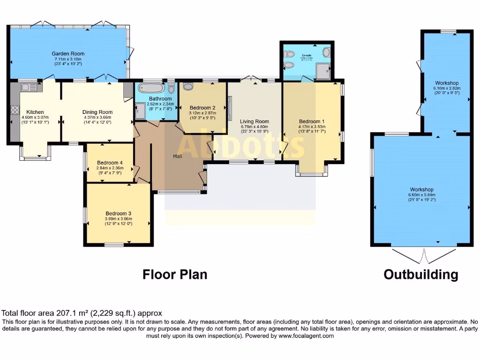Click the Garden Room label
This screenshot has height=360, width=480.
click(68, 53)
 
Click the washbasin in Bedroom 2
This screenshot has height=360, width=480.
click(188, 86)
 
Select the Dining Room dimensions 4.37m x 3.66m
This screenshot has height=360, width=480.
click(97, 117)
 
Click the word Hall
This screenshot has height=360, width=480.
click(178, 156)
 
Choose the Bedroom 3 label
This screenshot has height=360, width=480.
click(118, 213)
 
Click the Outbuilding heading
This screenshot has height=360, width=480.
click(420, 274)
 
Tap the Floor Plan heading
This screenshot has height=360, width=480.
click(175, 274)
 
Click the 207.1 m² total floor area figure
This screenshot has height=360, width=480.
click(70, 313)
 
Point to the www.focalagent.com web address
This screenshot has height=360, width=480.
click(306, 336)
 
